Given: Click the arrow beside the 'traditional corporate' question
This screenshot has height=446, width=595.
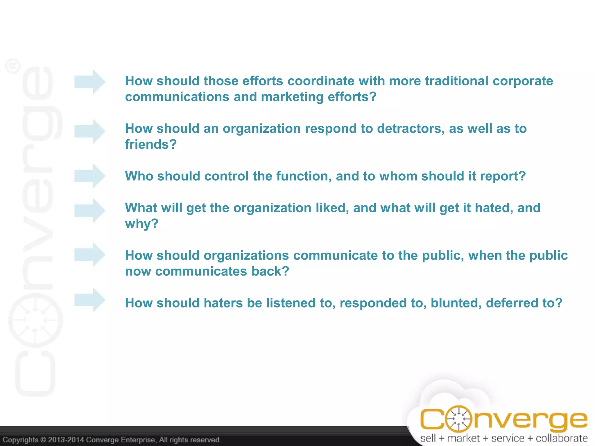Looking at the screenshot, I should click(89, 82).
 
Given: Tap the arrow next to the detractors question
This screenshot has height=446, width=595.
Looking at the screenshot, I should click(89, 131).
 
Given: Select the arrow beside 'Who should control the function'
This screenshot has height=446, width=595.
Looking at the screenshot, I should click(89, 176).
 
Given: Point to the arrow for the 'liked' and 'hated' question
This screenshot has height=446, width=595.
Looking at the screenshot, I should click(89, 211).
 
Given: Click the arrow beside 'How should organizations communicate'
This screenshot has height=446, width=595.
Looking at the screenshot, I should click(89, 255).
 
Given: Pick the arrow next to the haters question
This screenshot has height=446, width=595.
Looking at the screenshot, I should click(89, 300).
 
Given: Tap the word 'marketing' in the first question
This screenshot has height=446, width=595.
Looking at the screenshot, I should click(292, 97).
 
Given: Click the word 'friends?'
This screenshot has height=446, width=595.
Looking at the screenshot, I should click(151, 144).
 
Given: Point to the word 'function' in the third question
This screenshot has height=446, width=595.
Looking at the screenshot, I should click(304, 176).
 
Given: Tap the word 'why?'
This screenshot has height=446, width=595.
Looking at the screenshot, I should click(142, 224).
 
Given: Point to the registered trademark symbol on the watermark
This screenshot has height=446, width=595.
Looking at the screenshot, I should click(13, 66).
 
